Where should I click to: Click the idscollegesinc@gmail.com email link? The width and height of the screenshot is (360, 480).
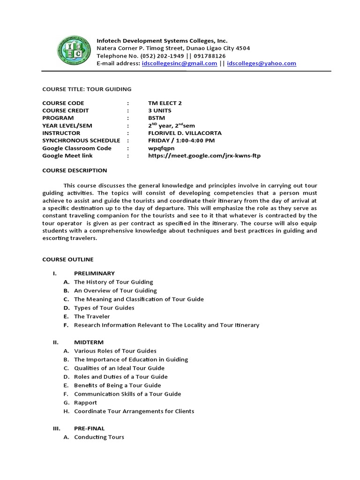click(179, 63)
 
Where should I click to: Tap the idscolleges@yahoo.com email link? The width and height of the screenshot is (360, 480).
click(261, 63)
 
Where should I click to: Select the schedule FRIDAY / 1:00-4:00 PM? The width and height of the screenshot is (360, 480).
click(181, 141)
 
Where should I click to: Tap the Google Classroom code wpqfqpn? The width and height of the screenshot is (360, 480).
click(161, 148)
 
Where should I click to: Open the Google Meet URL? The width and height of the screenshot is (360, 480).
click(204, 156)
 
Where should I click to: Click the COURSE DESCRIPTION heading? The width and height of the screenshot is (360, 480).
click(75, 171)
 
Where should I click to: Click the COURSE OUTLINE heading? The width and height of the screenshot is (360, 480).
click(68, 259)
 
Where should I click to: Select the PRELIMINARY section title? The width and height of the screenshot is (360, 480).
click(94, 273)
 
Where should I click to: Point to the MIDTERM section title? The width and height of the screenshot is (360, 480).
click(89, 342)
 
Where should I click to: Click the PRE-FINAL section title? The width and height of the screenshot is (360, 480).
click(89, 428)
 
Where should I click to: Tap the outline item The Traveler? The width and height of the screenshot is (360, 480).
click(92, 316)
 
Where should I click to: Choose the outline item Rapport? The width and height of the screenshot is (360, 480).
click(85, 403)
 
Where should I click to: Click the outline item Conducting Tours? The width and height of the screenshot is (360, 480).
click(99, 437)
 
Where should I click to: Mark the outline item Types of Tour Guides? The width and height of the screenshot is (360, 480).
click(104, 308)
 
